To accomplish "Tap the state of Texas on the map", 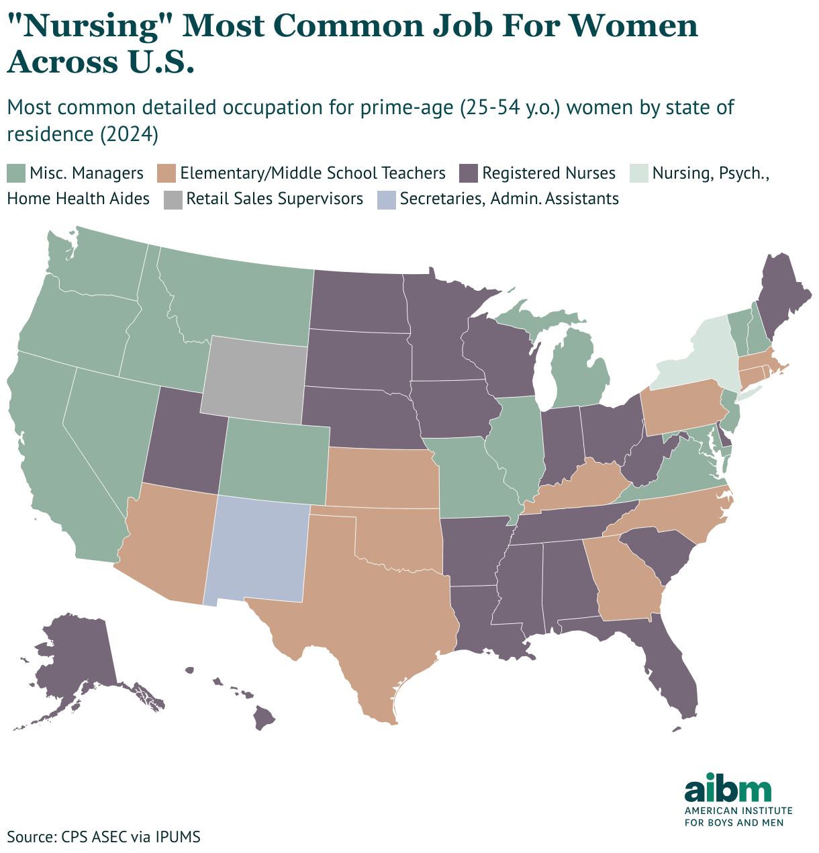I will click(x=376, y=604).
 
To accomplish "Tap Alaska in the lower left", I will click(x=74, y=665).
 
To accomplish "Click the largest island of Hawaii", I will click(x=264, y=719).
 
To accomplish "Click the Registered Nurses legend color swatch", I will click(x=468, y=173).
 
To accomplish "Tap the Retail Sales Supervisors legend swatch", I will click(x=172, y=199).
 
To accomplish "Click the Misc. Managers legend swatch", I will click(x=15, y=173).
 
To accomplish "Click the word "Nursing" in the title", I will click(x=94, y=27).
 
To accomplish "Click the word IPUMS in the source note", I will click(x=178, y=837).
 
